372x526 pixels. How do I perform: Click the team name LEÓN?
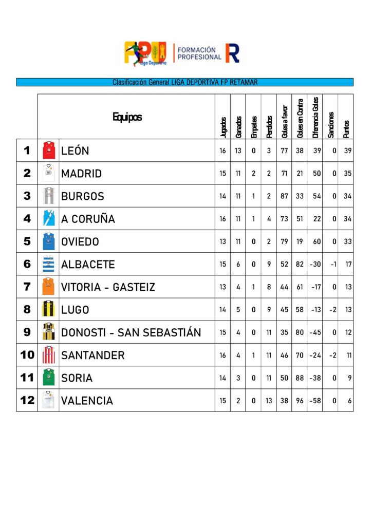click(75, 151)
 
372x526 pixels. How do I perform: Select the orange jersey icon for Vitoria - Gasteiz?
click(48, 287)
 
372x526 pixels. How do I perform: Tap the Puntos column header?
click(346, 125)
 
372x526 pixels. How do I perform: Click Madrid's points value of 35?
click(348, 174)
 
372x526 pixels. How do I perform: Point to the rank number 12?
click(27, 400)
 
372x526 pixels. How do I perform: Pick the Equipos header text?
click(127, 117)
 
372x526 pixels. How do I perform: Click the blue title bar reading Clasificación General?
click(185, 82)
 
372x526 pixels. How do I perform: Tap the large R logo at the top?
click(232, 53)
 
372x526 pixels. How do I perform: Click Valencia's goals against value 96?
click(300, 401)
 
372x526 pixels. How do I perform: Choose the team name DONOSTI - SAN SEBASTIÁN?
click(131, 332)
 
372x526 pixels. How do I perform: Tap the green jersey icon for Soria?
click(48, 378)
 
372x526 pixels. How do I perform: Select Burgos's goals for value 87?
click(284, 196)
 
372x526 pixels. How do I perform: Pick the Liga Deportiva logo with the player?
click(145, 53)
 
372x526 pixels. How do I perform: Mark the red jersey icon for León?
click(48, 151)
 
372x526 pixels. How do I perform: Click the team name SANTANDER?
click(93, 355)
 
